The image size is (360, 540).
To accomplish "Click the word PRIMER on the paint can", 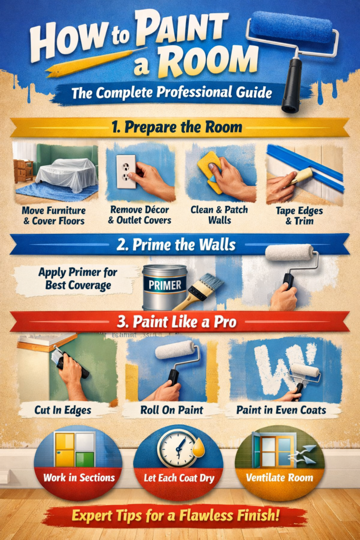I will click(x=165, y=285).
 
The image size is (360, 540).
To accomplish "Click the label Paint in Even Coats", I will click(x=281, y=410).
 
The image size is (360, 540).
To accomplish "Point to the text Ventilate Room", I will click(x=279, y=478).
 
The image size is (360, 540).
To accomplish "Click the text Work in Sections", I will click(x=79, y=478).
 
